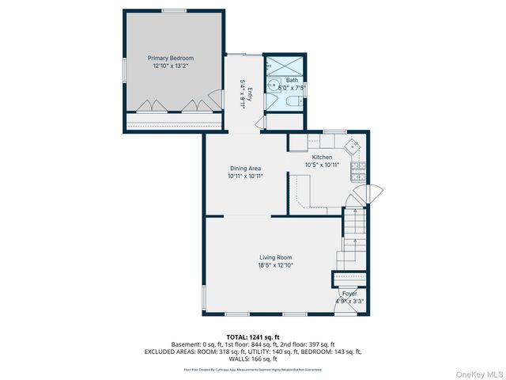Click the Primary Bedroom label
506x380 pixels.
pyautogui.click(x=172, y=58)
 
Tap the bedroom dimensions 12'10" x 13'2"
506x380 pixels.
pyautogui.click(x=172, y=66)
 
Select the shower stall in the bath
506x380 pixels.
pyautogui.click(x=284, y=64)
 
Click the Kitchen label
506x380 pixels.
pyautogui.click(x=322, y=158)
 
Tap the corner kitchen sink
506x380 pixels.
pyautogui.click(x=353, y=145)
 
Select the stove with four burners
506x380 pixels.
pyautogui.click(x=357, y=168)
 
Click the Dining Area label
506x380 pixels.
pyautogui.click(x=245, y=168)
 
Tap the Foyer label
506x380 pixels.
pyautogui.click(x=349, y=294)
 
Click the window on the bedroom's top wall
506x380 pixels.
pyautogui.click(x=172, y=11)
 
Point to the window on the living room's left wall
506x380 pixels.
pyautogui.click(x=204, y=298)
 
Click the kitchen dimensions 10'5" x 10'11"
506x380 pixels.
pyautogui.click(x=322, y=165)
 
